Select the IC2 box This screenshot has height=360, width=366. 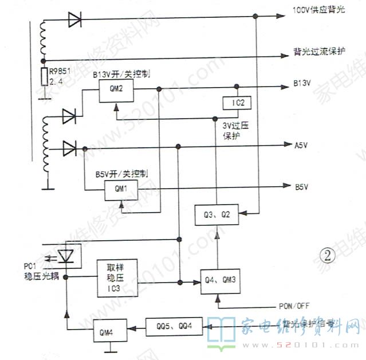pos(236,103)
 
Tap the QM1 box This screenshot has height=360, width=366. pos(120,188)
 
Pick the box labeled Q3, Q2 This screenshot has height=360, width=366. pos(217,214)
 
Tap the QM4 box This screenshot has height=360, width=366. pos(107,331)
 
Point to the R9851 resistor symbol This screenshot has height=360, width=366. pos(44,77)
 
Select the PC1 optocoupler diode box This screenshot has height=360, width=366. pos(68,256)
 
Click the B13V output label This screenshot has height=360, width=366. pos(302,84)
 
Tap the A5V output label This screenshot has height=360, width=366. pos(301,146)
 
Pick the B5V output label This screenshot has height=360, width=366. pos(301,186)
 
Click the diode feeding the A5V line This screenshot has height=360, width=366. pos(70,148)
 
